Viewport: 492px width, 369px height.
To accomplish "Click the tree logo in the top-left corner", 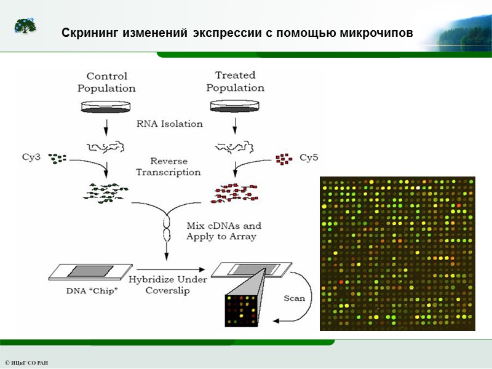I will click(x=25, y=26).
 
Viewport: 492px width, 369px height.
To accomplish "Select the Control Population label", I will click(x=106, y=82).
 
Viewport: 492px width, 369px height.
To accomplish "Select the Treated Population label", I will click(x=235, y=82).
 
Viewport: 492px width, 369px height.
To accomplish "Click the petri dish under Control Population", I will click(x=106, y=107).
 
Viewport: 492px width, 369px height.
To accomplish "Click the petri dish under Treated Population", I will click(x=234, y=107).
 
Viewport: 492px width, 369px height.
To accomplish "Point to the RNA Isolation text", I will click(x=170, y=124).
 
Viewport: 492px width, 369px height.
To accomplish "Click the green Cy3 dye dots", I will click(x=57, y=159).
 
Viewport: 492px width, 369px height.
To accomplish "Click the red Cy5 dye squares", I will click(x=283, y=159).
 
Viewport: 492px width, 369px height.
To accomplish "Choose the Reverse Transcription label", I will click(x=168, y=167).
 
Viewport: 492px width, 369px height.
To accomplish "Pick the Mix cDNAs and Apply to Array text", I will click(x=223, y=231).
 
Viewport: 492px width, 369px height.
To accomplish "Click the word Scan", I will click(x=294, y=298).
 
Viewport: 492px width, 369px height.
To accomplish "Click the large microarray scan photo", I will click(x=398, y=253).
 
